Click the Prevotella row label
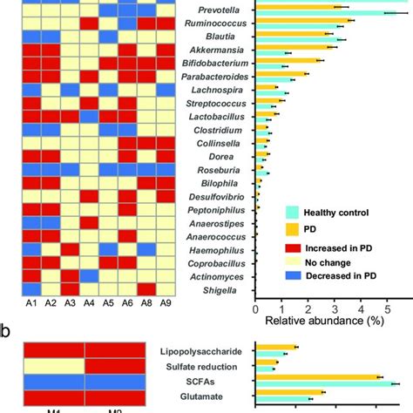point(217,10)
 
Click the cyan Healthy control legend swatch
point(294,212)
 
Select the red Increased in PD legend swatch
point(294,245)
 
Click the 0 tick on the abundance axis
point(254,308)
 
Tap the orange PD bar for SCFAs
point(318,377)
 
